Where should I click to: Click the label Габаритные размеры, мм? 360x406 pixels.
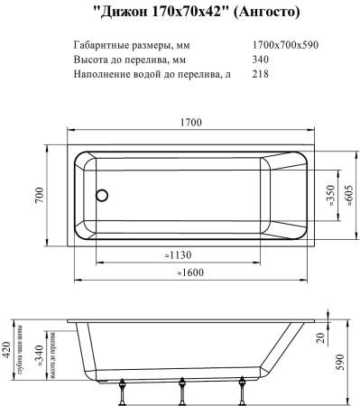134,44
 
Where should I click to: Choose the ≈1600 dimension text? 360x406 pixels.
190,272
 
